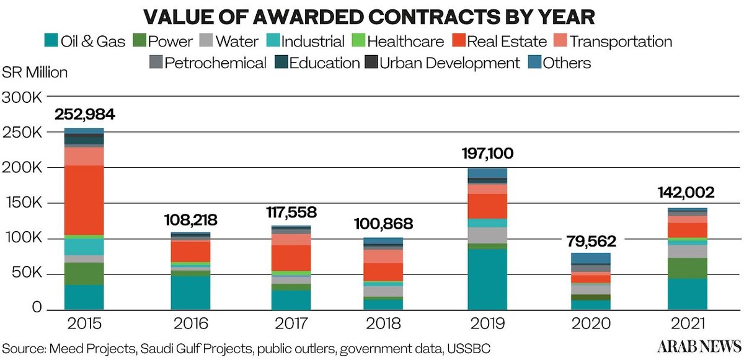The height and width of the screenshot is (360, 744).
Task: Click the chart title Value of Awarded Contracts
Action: point(372,17)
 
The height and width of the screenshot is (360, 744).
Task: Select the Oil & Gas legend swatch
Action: point(51,42)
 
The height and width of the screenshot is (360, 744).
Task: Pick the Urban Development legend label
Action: point(449,63)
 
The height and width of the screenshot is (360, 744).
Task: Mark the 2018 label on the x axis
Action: point(383,323)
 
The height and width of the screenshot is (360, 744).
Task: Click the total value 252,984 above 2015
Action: point(84,115)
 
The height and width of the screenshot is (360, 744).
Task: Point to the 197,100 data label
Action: point(487,154)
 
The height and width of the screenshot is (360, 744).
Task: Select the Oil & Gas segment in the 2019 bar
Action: point(487,279)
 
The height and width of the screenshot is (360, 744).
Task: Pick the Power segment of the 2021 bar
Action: point(687,268)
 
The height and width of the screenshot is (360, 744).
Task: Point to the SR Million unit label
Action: point(35,72)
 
